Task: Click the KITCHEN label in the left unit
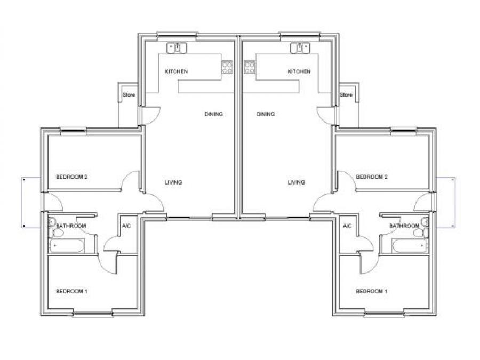177,71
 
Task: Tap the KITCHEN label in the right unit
299,71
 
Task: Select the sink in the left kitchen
177,48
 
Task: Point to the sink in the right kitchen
300,48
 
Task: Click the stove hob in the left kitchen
227,67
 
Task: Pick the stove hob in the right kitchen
250,67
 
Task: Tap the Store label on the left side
129,95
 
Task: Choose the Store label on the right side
346,95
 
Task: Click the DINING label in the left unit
214,114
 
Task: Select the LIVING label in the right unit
297,182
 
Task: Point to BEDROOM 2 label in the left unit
72,177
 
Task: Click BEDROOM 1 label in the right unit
371,291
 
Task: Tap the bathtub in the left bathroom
67,245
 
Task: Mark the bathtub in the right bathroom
410,245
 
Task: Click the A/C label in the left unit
126,226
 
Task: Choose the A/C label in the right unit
347,226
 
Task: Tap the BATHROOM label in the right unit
404,226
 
